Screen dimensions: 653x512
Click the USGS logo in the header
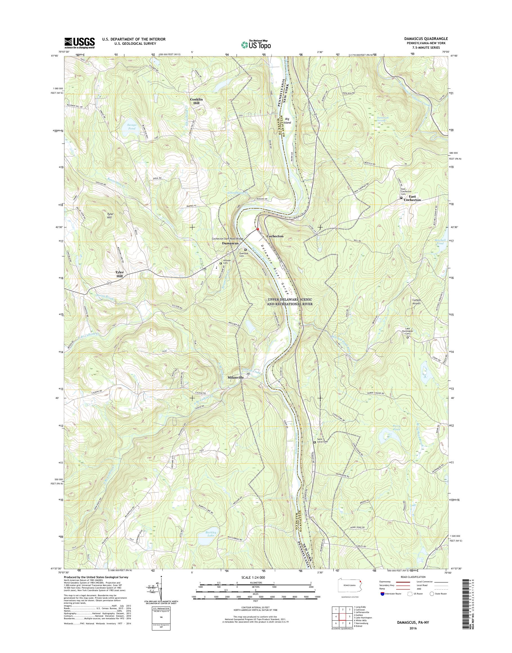click(x=79, y=43)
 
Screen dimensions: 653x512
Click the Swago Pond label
click(x=132, y=126)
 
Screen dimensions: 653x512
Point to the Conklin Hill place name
click(x=196, y=101)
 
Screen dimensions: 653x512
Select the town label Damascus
click(x=230, y=243)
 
